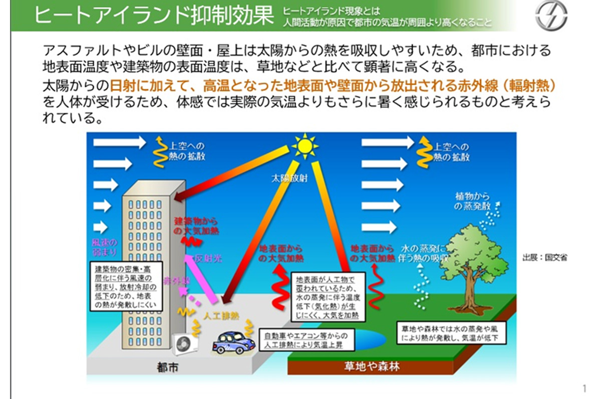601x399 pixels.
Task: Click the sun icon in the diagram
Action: [x=304, y=145]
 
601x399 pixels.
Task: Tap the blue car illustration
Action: [x=232, y=342]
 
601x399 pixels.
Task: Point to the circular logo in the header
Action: [x=551, y=15]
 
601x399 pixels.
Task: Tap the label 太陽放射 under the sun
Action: [x=289, y=178]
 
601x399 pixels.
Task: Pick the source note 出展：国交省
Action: [x=545, y=258]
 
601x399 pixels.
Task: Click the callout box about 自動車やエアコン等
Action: [x=306, y=340]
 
